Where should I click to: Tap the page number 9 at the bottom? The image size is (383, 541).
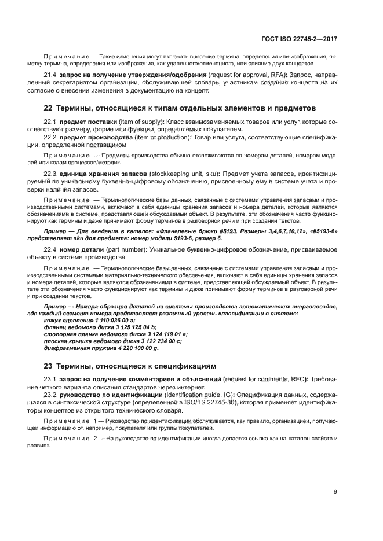coord(335,492)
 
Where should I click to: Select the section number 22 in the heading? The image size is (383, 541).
coord(49,108)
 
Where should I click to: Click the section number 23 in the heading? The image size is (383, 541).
coord(49,366)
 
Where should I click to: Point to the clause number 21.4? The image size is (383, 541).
coord(50,75)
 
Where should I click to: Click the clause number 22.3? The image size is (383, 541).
coord(50,174)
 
